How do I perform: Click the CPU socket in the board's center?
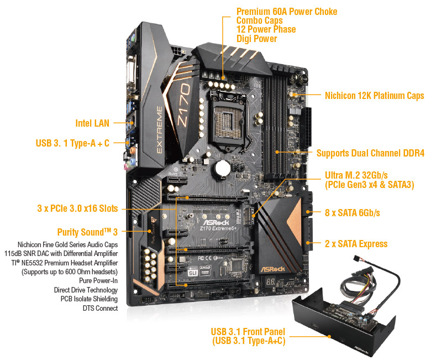pos(227,121)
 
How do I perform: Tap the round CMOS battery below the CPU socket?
pos(222,168)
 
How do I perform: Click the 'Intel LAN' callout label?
pos(92,123)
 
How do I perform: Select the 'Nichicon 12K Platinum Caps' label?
pos(375,96)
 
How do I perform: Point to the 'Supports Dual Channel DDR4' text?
pos(371,153)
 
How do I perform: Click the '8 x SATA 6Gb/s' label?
pos(353,212)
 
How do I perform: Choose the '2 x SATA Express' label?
pos(356,244)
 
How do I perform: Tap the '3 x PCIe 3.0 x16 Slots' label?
pos(77,208)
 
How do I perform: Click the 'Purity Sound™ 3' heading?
pos(87,232)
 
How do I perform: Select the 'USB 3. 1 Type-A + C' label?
pos(72,143)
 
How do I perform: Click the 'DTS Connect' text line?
pos(101,308)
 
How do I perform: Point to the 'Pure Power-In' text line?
pos(98,280)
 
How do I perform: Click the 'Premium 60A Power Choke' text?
pos(287,12)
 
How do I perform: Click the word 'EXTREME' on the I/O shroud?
pos(160,130)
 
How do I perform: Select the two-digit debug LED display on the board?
pos(271,282)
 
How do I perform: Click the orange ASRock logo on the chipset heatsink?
pos(272,269)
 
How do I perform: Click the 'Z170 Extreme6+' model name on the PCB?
pos(218,228)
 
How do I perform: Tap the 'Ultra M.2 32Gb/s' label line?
pos(356,175)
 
